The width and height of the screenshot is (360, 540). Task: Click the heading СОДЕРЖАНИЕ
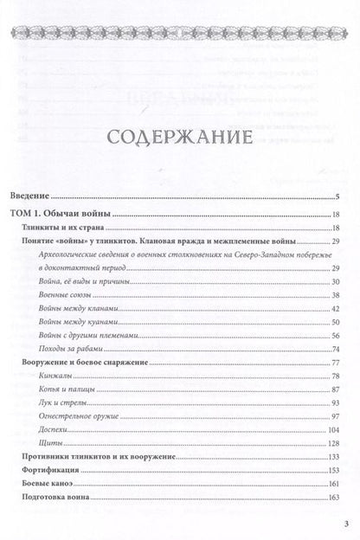tap(180, 138)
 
